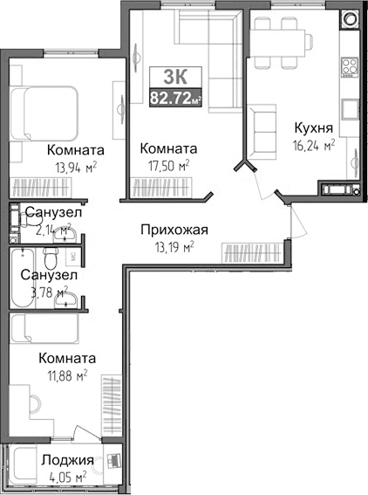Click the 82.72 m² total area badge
175,98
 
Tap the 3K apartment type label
174,75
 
